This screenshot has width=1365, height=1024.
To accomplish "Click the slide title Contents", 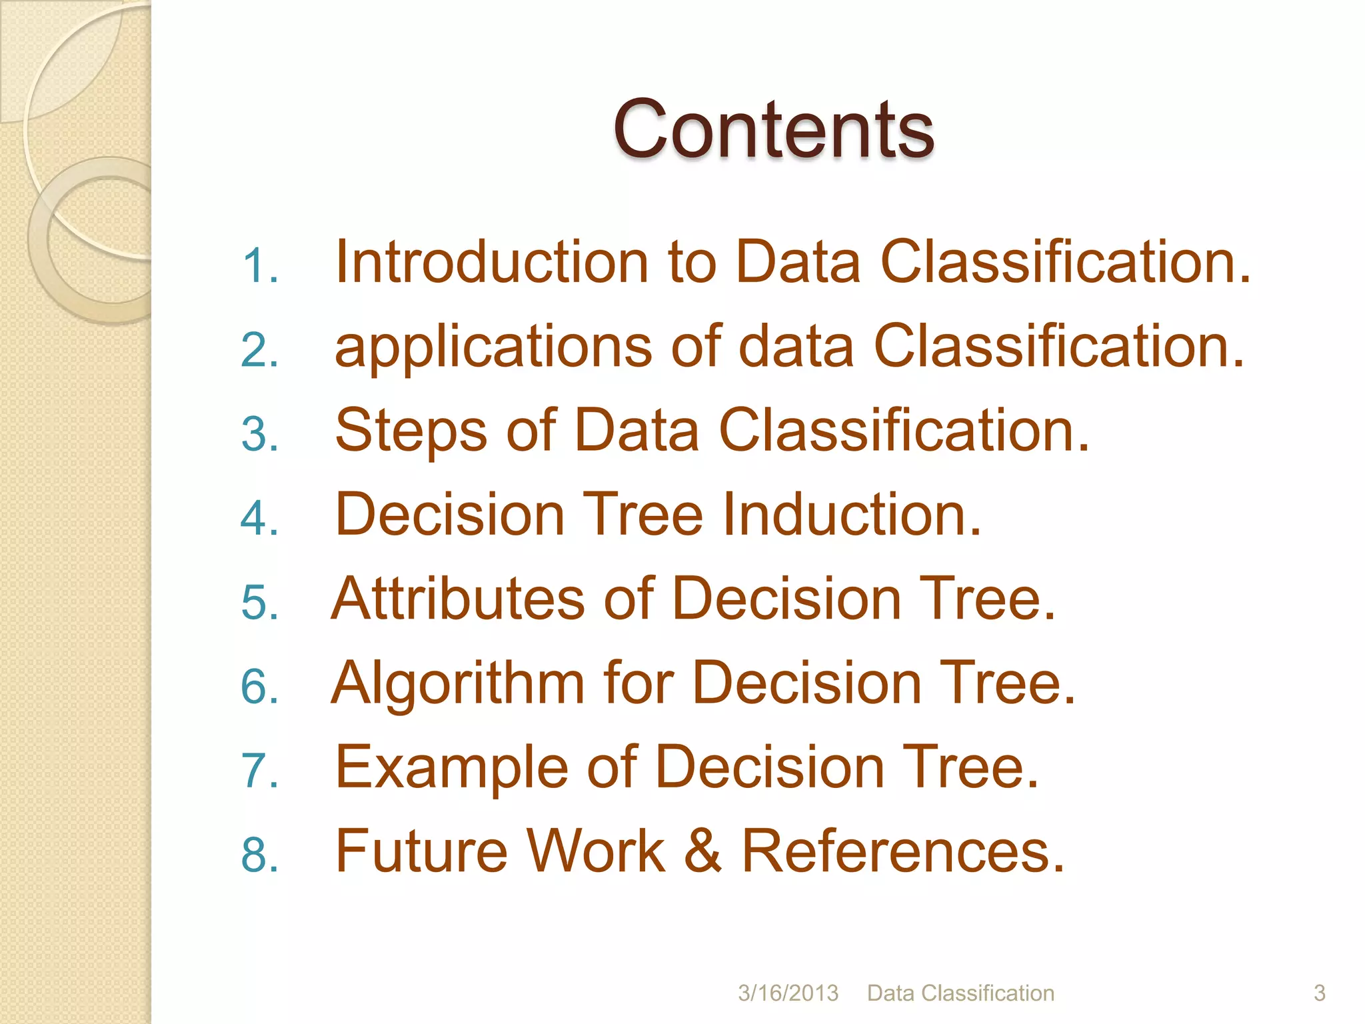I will click(x=773, y=130).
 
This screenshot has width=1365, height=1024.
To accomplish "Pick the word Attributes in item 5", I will click(x=458, y=599).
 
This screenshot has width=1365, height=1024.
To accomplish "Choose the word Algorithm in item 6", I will click(x=458, y=683).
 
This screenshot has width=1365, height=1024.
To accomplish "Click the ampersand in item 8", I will click(x=702, y=851).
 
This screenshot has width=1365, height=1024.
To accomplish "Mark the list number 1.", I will click(x=259, y=267).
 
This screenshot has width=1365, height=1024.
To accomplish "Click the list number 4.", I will click(x=259, y=519).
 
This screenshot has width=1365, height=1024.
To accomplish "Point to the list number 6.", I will click(x=259, y=687).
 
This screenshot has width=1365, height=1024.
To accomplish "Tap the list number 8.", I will click(x=259, y=855).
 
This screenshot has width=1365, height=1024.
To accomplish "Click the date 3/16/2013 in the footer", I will click(x=788, y=993).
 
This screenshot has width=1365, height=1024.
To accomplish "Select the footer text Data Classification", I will click(x=960, y=993).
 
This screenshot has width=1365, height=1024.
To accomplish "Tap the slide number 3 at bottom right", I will click(x=1319, y=993).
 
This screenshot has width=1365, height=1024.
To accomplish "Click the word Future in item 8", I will click(x=421, y=851).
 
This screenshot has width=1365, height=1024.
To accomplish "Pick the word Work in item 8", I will click(x=595, y=851).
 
